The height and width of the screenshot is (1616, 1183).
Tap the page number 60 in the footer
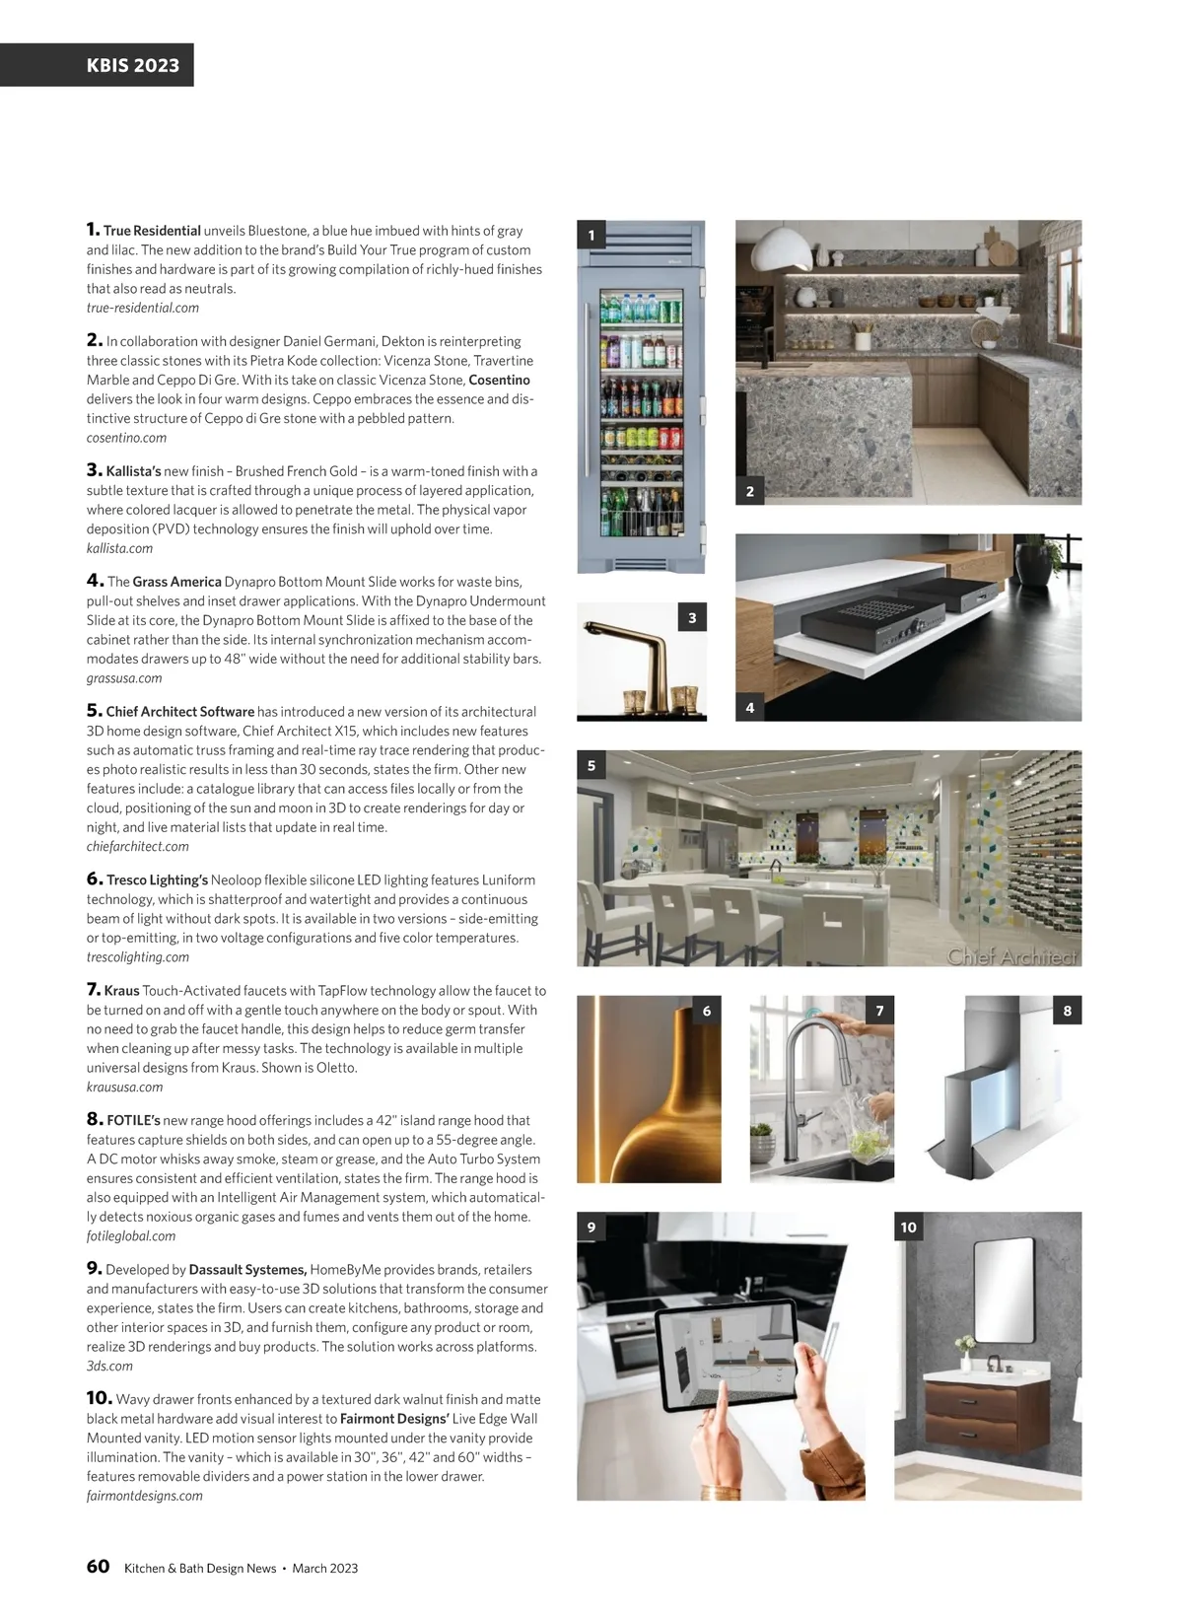(x=98, y=1567)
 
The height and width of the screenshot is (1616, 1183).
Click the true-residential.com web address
(x=142, y=308)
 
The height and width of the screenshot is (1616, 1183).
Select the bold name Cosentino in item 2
(x=499, y=380)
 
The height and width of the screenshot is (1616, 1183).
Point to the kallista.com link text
(x=119, y=548)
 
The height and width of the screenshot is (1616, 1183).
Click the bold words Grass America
(x=176, y=582)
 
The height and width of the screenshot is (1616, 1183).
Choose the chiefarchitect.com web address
(x=137, y=846)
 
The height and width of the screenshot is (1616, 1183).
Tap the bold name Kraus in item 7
(x=122, y=990)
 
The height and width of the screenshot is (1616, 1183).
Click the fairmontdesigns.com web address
(x=144, y=1496)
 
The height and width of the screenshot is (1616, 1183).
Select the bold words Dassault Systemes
(x=247, y=1270)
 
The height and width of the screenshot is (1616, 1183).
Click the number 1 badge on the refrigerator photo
(x=591, y=235)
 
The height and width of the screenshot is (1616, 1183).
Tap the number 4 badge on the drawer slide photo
(x=750, y=707)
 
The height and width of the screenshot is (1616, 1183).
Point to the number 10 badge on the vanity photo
(x=908, y=1228)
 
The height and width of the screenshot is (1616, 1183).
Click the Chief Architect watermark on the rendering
(x=1012, y=956)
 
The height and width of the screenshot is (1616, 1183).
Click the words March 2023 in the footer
(x=325, y=1569)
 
